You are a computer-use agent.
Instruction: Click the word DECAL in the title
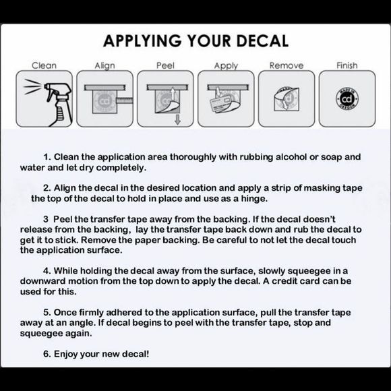coord(262,40)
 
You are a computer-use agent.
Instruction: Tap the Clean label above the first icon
coord(44,65)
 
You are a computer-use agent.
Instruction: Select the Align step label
coord(104,65)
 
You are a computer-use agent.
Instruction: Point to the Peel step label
coord(165,65)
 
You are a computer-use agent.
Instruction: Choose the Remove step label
coord(287,65)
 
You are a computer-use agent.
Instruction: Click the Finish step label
coord(347,65)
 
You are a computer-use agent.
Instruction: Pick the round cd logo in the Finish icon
coord(347,98)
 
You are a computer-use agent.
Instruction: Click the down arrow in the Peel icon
coord(177,119)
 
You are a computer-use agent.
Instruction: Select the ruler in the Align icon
coord(125,100)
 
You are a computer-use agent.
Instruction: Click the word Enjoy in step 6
coord(65,354)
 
